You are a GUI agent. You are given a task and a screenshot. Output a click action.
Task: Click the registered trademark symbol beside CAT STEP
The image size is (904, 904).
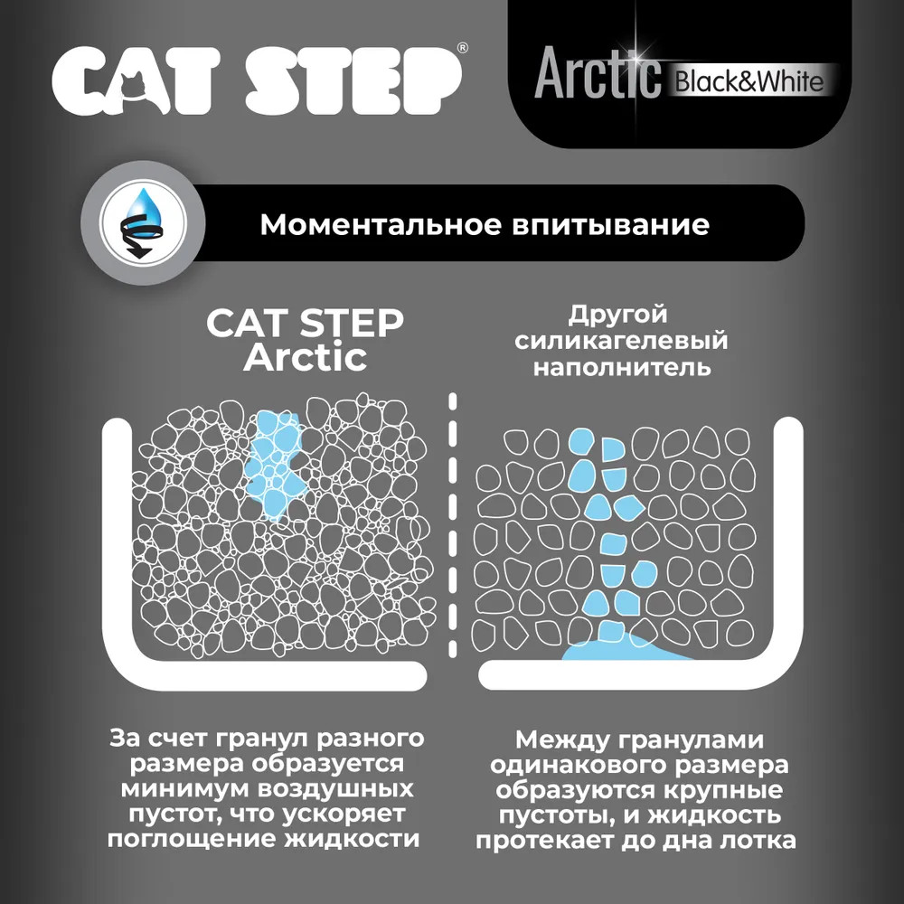tap(462, 48)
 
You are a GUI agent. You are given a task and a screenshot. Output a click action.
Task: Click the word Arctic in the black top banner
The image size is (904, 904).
tap(598, 74)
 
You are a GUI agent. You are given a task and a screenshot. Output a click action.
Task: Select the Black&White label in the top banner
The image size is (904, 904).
tap(749, 82)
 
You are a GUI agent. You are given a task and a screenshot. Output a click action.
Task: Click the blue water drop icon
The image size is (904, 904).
tap(143, 223)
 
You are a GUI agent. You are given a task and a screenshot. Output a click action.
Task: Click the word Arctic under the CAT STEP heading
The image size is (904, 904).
tap(305, 357)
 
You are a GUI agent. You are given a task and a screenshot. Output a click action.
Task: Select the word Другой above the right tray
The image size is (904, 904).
tap(617, 315)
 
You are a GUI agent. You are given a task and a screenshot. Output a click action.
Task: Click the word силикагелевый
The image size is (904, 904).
tap(621, 341)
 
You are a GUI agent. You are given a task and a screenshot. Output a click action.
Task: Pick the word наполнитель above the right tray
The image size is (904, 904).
tap(622, 367)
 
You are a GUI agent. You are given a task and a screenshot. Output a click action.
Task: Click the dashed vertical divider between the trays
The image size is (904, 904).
tap(453, 525)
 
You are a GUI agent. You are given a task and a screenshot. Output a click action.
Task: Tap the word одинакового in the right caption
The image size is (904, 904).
tap(578, 766)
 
